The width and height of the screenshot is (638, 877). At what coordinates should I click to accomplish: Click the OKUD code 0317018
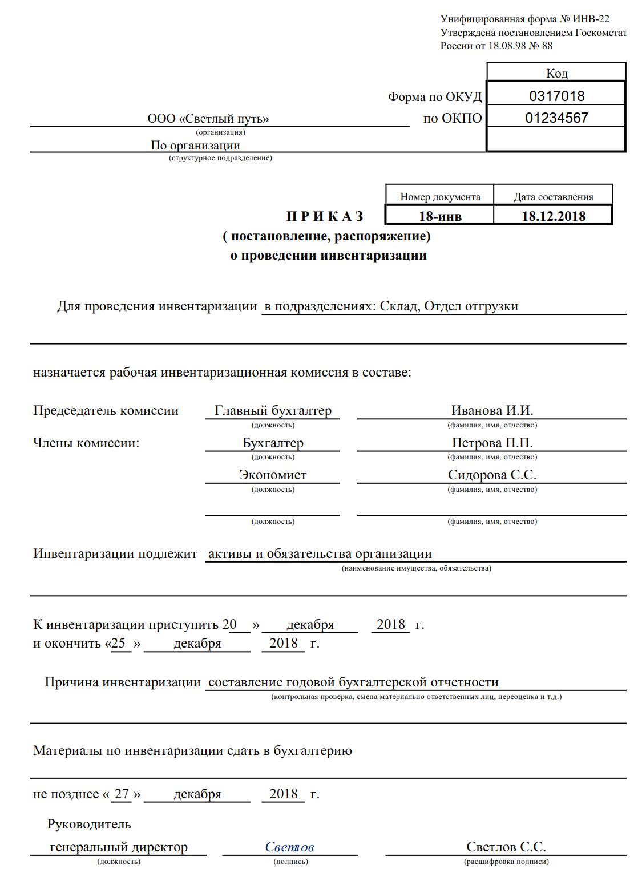tap(556, 96)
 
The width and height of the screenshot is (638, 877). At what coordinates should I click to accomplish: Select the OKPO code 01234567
tap(556, 118)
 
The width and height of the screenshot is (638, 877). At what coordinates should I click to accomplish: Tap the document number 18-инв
tap(440, 216)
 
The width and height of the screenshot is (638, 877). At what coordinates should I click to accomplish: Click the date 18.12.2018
tap(554, 216)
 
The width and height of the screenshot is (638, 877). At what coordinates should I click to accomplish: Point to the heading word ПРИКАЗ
tap(325, 216)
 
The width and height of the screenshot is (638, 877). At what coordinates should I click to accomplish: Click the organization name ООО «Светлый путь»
tap(208, 119)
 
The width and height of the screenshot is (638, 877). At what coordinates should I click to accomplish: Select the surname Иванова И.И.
tap(492, 411)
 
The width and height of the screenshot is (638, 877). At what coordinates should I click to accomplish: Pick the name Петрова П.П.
tap(492, 443)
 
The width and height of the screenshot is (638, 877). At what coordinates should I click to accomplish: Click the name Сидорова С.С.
tap(492, 475)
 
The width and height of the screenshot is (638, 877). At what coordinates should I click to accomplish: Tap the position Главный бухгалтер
tap(273, 411)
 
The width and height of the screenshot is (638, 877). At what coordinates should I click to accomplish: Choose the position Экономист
tap(273, 475)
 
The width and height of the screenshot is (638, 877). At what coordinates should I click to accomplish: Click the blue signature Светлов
tap(289, 847)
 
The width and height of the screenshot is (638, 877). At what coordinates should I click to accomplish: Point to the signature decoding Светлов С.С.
tap(506, 847)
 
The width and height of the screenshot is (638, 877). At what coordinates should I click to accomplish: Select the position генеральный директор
tap(119, 847)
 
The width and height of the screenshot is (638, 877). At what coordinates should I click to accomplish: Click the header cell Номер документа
tap(440, 197)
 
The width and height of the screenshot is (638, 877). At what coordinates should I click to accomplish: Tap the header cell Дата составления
tap(554, 197)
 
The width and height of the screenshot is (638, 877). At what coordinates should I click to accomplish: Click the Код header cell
tap(556, 74)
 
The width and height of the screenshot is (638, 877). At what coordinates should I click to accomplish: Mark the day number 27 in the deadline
tap(122, 794)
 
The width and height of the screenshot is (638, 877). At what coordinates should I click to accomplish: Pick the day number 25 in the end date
tap(118, 644)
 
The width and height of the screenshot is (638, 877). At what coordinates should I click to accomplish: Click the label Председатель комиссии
tap(106, 411)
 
